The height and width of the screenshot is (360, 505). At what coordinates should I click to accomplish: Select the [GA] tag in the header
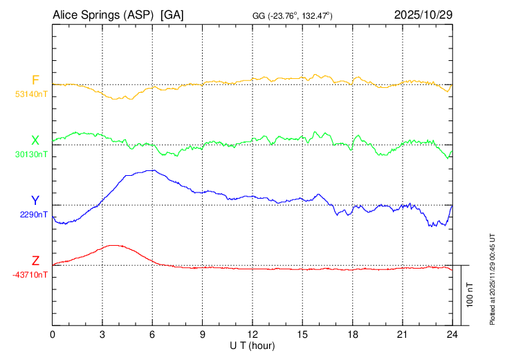[172, 15]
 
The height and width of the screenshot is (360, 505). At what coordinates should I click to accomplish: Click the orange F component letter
[35, 80]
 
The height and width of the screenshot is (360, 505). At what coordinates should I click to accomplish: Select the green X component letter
[35, 141]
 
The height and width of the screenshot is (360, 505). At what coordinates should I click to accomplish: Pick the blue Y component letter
[35, 201]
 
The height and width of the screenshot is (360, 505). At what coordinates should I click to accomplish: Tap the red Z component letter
[35, 261]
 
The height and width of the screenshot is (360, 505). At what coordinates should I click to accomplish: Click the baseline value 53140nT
[32, 93]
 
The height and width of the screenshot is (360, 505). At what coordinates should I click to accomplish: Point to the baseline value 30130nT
[32, 154]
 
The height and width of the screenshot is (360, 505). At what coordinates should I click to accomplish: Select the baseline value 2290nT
[34, 214]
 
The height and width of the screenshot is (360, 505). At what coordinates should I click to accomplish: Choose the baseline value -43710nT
[30, 275]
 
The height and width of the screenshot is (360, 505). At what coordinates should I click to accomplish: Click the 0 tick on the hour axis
[53, 334]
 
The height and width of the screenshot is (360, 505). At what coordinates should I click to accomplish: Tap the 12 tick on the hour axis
[252, 334]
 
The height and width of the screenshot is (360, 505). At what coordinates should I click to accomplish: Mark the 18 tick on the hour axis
[352, 334]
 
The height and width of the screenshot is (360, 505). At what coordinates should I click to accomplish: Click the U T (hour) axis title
[252, 345]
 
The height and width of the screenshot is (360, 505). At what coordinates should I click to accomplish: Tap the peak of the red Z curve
[113, 245]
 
